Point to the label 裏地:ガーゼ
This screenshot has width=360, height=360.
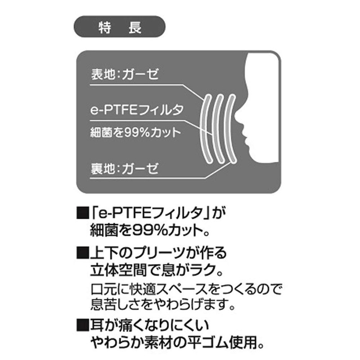124,170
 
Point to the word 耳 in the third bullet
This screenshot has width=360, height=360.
97,324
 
